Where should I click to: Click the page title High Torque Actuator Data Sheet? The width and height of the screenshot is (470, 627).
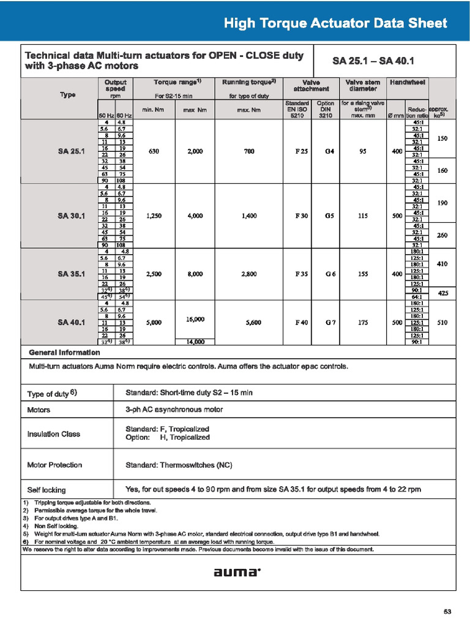[x=335, y=24]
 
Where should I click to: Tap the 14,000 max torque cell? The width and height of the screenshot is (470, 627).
[x=194, y=342]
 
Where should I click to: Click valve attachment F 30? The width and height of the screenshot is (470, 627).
[x=302, y=216]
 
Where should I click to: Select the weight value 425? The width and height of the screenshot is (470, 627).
[x=443, y=293]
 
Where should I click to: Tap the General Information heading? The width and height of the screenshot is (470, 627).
[x=64, y=353]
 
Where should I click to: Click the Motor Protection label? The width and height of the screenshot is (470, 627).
[x=54, y=465]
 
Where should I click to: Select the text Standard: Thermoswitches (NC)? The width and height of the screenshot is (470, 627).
[x=179, y=465]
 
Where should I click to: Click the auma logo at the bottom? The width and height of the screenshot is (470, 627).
[x=237, y=573]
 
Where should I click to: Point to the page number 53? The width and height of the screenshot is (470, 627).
[x=447, y=612]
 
